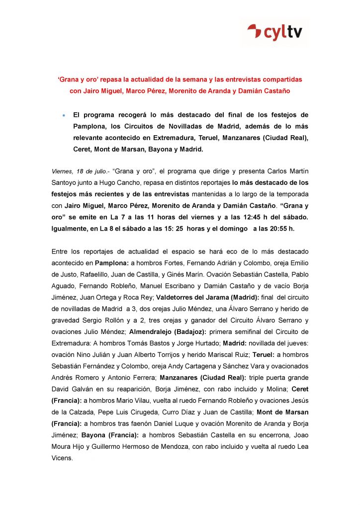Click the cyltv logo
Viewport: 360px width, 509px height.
pyautogui.click(x=277, y=33)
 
